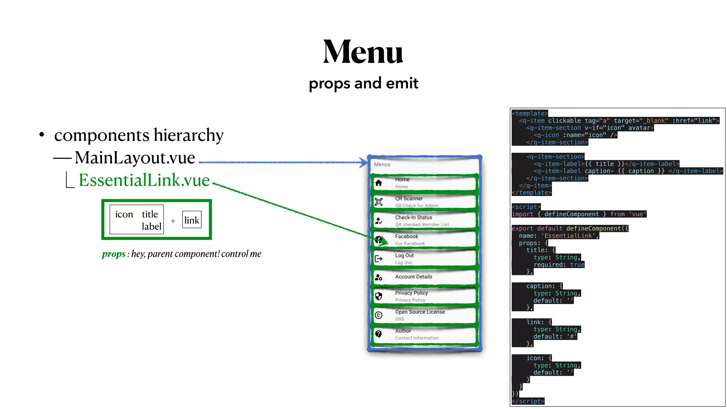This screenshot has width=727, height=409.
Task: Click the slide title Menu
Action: [x=363, y=52]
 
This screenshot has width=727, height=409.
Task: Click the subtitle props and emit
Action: [x=363, y=83]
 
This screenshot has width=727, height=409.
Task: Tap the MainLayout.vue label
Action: [x=135, y=158]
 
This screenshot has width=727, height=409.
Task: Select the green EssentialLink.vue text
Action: [x=144, y=180]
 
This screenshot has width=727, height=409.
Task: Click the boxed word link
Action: [x=192, y=220]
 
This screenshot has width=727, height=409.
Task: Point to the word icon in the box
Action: [x=124, y=214]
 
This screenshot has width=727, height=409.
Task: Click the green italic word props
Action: [x=114, y=254]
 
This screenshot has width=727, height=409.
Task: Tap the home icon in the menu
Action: [x=379, y=183]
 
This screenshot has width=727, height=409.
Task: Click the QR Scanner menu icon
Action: [x=379, y=202]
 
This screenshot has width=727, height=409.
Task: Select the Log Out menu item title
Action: [x=404, y=255]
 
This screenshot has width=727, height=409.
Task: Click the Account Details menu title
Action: [x=414, y=277]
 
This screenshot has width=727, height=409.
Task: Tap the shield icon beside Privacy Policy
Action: [x=379, y=296]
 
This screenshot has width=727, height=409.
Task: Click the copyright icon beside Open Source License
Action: [x=379, y=315]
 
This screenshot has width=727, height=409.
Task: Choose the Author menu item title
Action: [x=403, y=331]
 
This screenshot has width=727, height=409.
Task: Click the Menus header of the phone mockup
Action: [x=382, y=164]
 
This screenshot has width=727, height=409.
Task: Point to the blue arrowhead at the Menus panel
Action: [x=364, y=163]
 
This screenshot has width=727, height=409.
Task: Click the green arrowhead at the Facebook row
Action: [x=383, y=242]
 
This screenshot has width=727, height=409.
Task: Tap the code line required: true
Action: [x=559, y=265]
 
